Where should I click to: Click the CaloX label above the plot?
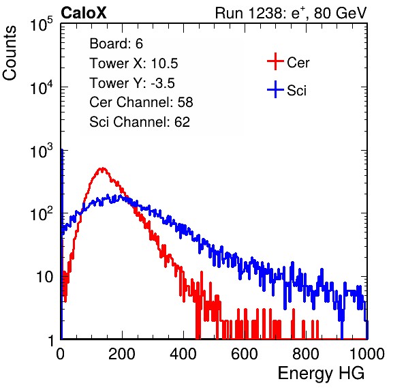(83, 13)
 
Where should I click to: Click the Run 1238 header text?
(291, 13)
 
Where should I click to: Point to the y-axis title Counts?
(10, 53)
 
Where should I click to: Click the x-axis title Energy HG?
(321, 374)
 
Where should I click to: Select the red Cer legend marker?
(275, 61)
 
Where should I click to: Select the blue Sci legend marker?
(275, 89)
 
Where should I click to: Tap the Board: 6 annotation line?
(116, 44)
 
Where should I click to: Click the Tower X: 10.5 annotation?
(134, 63)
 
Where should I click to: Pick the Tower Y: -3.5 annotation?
(132, 83)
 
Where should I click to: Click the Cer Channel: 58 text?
(141, 102)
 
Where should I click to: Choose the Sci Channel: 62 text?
(140, 122)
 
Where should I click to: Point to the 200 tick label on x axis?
(122, 354)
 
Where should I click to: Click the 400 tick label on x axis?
(183, 354)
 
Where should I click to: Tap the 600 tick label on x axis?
(245, 354)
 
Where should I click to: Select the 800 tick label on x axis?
(306, 354)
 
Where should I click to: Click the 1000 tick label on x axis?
(367, 354)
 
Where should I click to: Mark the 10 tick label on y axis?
(44, 277)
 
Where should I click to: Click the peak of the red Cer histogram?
(103, 168)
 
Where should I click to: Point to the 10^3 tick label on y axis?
(42, 150)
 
